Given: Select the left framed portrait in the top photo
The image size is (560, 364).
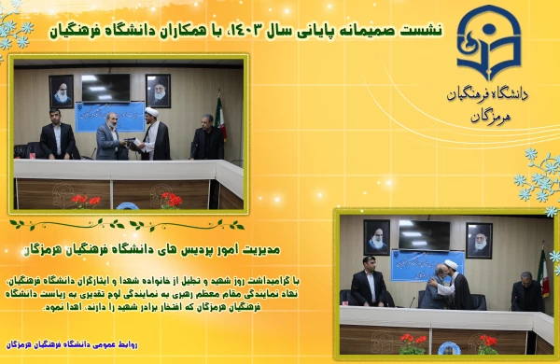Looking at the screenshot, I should pos(62,91).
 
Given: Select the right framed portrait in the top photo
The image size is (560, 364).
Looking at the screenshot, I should pos(158,91).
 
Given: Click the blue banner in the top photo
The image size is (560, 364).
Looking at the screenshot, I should pos(108,116).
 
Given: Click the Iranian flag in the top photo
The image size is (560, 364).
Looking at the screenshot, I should pos(220,119).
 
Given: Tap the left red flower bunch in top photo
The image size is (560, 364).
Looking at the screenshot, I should pos(86,200).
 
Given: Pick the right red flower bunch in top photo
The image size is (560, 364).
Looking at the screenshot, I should pos(170,199).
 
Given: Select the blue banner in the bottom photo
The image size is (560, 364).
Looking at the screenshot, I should pos(414,265).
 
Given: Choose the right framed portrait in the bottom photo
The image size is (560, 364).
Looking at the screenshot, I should pos(479,240).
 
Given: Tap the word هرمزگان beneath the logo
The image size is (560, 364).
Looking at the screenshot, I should pos(492,116).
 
